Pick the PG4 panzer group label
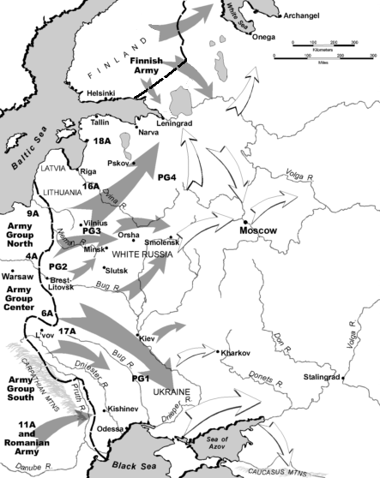tap(168, 176)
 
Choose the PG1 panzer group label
tap(141, 377)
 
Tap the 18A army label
tap(104, 140)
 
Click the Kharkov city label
tap(235, 353)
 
